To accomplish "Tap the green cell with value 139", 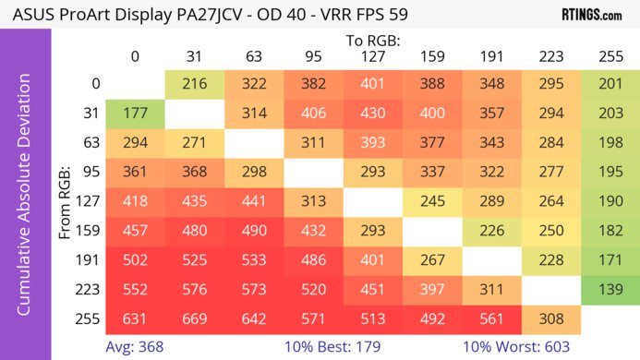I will (x=610, y=290).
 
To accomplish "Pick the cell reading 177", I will (x=135, y=114).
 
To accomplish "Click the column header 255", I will (x=610, y=56).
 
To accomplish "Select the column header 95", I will (x=312, y=56).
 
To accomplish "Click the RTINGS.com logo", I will (x=591, y=16).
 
